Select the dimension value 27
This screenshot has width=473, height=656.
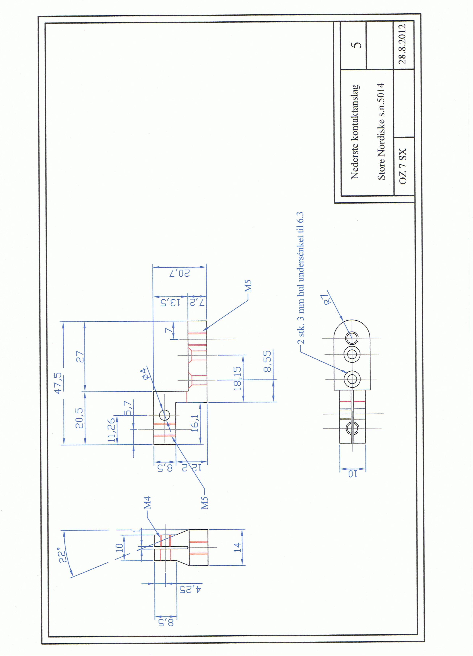click(80, 357)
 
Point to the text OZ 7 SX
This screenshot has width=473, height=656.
click(402, 166)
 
